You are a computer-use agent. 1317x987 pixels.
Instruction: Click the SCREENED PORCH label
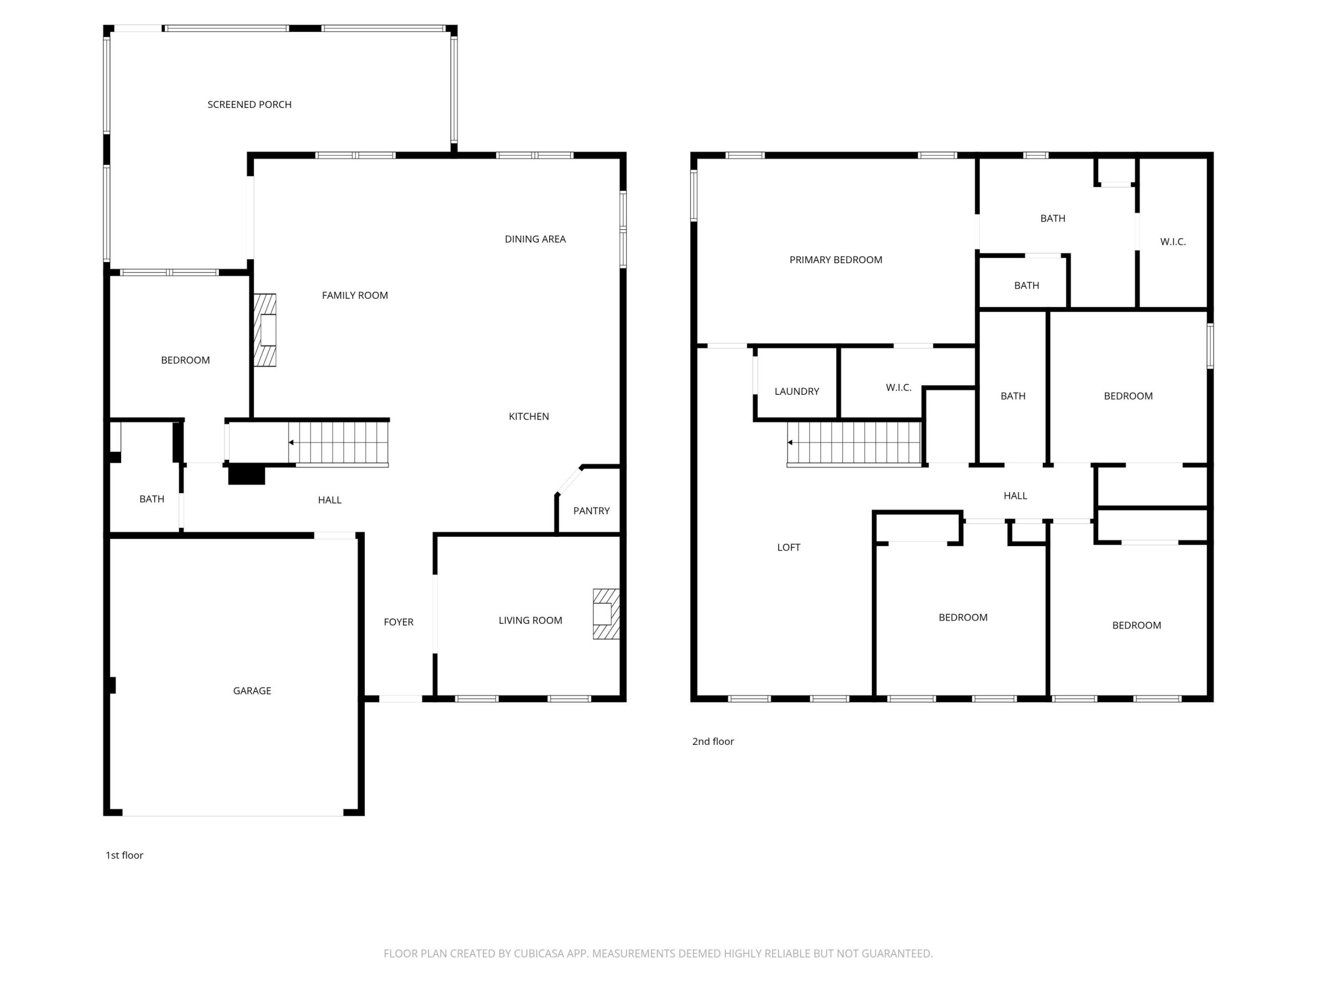click(250, 105)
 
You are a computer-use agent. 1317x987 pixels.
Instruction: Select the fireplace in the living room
click(605, 614)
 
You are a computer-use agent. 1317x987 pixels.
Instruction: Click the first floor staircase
click(338, 443)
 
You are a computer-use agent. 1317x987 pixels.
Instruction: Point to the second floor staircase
click(854, 443)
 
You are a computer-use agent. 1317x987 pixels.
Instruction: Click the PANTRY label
click(591, 511)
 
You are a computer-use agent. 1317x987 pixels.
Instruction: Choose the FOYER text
click(398, 622)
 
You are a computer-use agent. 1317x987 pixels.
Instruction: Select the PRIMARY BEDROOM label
click(835, 260)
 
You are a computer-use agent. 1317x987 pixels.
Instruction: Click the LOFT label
click(788, 547)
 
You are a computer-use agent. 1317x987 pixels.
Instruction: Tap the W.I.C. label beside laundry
click(899, 388)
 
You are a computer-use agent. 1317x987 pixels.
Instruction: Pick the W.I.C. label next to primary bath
click(1172, 242)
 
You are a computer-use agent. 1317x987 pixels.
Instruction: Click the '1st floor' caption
click(124, 855)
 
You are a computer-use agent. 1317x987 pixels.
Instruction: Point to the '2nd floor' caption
click(712, 741)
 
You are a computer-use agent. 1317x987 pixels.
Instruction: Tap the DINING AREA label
click(535, 239)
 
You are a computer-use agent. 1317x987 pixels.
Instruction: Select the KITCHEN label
click(529, 416)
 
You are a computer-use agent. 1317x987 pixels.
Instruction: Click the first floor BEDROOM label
click(185, 361)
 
